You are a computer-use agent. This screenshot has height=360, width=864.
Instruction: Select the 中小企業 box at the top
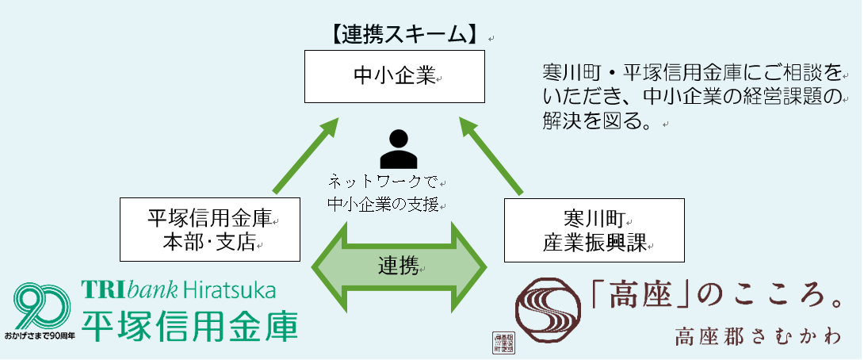[395, 76]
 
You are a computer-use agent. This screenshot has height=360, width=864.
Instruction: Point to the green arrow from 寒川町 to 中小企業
[491, 155]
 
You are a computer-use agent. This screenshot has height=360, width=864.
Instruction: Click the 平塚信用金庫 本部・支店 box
[210, 229]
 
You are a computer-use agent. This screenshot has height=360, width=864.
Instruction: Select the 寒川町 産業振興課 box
[595, 229]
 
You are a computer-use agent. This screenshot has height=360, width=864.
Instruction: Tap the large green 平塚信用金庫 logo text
[190, 325]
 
